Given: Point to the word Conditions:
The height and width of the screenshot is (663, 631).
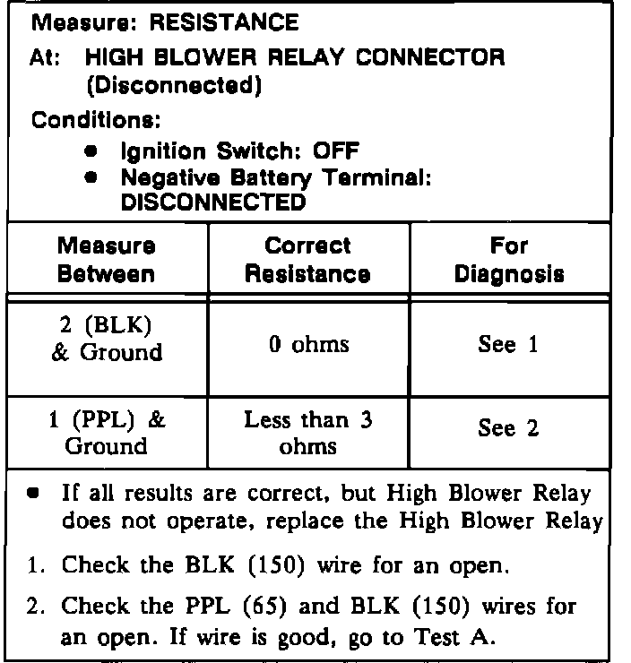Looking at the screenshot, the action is tap(82, 118).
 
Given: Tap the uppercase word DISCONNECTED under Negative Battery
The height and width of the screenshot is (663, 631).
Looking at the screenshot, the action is tap(213, 202).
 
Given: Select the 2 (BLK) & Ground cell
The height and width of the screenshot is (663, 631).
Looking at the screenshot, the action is tap(107, 340).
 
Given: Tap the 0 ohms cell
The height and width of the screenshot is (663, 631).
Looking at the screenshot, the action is tap(309, 343).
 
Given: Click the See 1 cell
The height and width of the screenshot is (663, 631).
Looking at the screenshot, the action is tap(509, 345).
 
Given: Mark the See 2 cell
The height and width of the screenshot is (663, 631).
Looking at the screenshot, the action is tap(509, 429).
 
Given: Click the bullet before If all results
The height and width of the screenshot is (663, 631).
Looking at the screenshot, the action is tap(35, 494).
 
